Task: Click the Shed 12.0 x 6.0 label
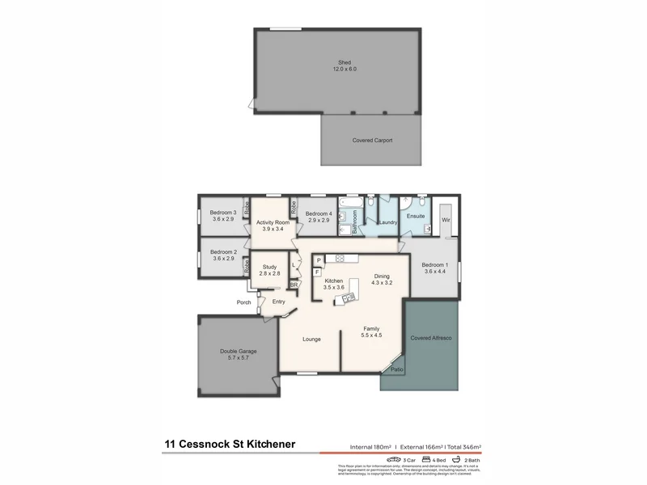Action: point(345,66)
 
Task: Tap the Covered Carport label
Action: point(372,141)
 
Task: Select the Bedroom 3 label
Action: point(222,216)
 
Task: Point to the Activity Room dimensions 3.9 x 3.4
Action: point(273,230)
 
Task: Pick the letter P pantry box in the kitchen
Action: point(319,259)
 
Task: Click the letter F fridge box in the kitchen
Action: point(319,272)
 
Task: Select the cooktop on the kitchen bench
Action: point(341,259)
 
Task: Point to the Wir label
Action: point(445,219)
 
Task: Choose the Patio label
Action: point(397,369)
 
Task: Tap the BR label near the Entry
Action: point(294,285)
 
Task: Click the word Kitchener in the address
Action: point(261,444)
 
